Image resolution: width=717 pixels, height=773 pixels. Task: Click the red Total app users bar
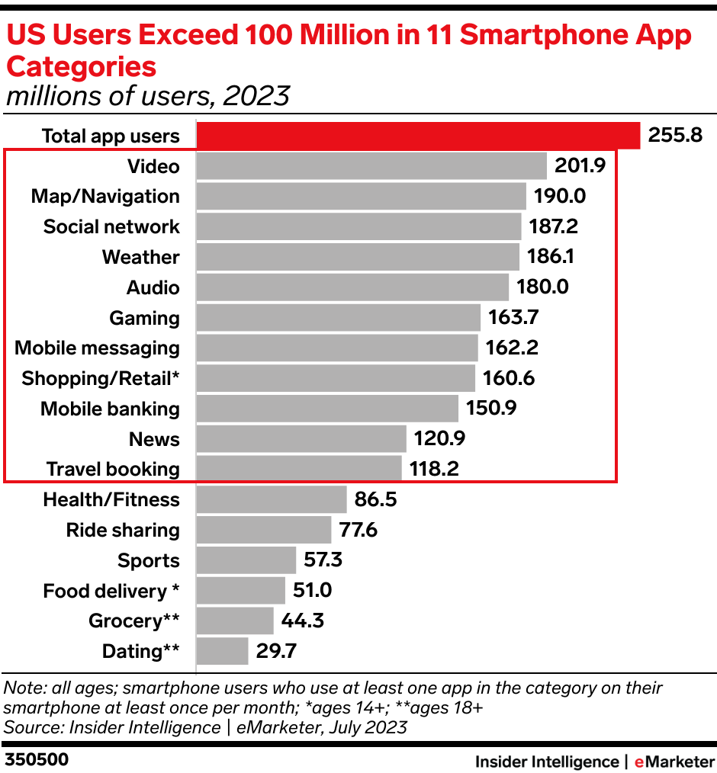coord(418,136)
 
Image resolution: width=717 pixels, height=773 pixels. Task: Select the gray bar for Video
coord(371,166)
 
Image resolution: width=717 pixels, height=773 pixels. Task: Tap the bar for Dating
coord(222,652)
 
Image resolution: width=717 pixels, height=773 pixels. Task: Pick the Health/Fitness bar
coord(272,500)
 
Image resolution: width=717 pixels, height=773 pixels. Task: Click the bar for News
coord(301,439)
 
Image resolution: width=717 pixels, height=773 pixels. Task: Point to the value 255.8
coord(675,136)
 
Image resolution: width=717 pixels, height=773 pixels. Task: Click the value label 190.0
coord(559,197)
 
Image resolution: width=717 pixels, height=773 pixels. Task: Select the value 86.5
coord(376,500)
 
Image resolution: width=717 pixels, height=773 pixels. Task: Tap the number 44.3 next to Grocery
coord(303,621)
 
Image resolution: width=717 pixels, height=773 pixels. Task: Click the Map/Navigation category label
coord(105,197)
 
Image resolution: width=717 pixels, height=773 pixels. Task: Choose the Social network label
coord(111,227)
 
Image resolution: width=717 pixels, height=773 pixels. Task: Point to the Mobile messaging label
coord(98,348)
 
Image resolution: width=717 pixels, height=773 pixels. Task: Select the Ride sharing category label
coord(123,531)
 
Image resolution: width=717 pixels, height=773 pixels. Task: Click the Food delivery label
coord(111,591)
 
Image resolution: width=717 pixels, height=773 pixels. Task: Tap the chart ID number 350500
coord(37,760)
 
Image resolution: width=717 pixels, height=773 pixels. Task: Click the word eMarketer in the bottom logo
coord(674,761)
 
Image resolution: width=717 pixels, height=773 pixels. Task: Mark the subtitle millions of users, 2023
coord(148,97)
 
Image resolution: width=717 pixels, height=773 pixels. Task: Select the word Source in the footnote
coord(29,726)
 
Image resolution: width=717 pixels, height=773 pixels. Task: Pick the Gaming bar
coord(338,318)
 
